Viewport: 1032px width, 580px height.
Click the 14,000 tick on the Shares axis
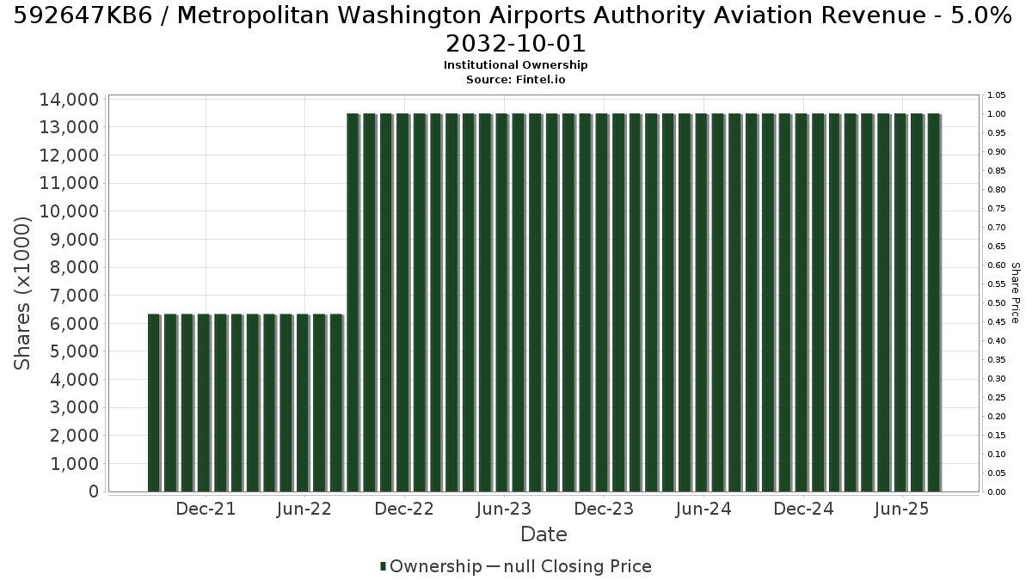pos(69,100)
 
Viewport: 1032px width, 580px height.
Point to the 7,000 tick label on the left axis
pos(74,296)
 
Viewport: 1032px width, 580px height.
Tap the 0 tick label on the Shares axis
pos(94,491)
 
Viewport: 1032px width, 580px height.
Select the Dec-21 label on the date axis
pos(206,509)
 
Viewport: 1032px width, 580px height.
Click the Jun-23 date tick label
pos(504,509)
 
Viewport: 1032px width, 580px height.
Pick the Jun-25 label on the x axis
pos(901,509)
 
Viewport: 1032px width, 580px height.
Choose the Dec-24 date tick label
pos(803,509)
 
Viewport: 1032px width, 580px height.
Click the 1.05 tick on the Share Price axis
pos(997,95)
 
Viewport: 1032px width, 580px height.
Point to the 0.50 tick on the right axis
pos(997,302)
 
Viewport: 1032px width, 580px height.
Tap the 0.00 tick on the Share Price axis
pos(997,492)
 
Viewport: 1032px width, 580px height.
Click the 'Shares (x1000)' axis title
pos(21,293)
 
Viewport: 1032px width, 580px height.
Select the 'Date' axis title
pos(544,534)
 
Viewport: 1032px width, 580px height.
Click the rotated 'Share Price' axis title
pos(1016,293)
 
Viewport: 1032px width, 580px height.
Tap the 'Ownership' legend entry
pos(431,566)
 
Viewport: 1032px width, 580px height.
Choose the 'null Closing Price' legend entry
pos(577,566)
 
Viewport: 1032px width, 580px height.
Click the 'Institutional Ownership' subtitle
pos(515,65)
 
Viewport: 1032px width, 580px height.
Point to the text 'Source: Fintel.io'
pos(515,80)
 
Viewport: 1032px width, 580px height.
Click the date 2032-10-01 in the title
pos(515,44)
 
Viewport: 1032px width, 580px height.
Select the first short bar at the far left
pos(153,403)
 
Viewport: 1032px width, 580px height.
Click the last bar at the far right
pos(933,302)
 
